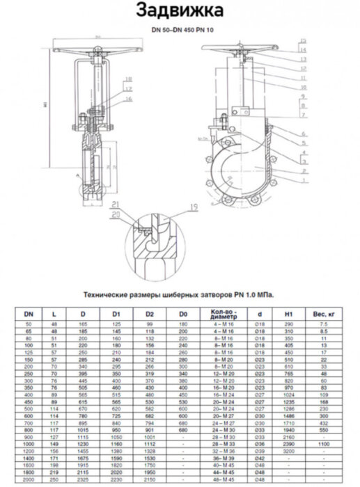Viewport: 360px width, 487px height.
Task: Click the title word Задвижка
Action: [180, 10]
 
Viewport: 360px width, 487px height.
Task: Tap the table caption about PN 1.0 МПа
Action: [178, 294]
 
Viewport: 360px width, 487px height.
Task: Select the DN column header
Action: [29, 314]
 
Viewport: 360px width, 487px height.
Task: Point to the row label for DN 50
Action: [29, 325]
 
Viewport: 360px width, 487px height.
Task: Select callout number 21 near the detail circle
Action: [115, 204]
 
